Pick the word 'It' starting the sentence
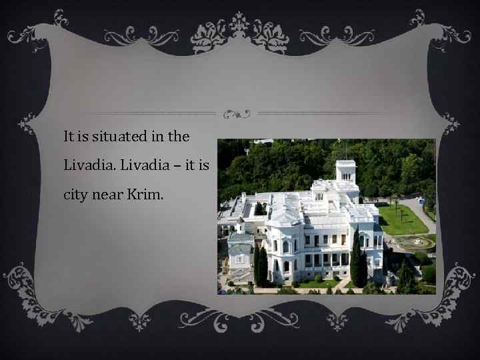point(69,137)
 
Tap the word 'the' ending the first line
point(179,137)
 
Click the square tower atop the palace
point(345,171)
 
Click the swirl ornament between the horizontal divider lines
point(237,113)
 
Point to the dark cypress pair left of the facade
point(261,263)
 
